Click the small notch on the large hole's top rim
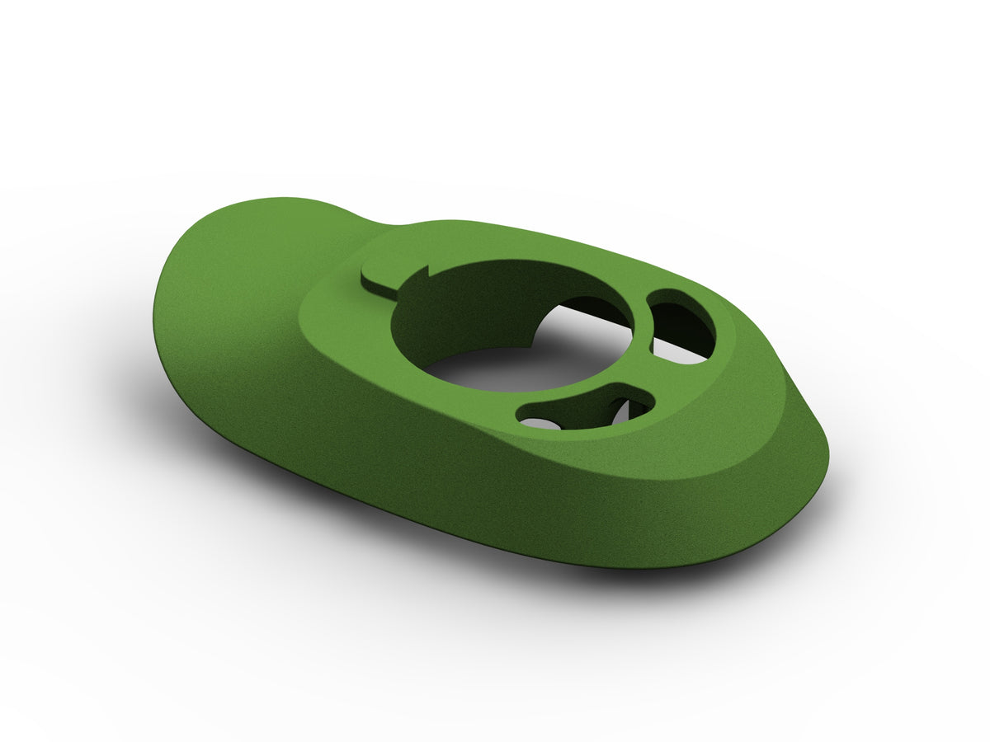429,270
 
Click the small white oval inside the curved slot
536,422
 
